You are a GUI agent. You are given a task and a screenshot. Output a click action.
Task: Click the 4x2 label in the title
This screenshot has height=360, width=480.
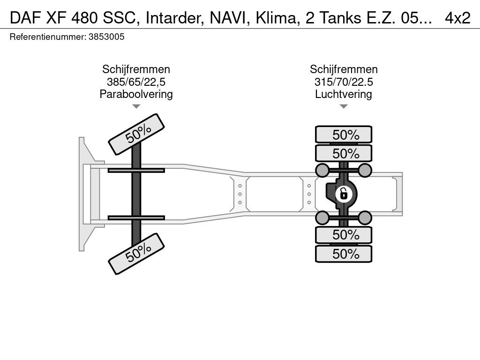[457, 18]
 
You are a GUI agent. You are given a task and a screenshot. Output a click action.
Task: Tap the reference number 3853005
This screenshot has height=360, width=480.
[106, 37]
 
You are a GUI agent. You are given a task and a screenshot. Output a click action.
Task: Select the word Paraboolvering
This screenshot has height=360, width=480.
[136, 94]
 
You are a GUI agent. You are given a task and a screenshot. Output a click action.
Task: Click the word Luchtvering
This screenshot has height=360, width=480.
[344, 94]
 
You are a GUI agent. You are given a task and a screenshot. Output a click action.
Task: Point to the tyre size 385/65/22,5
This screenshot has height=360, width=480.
[136, 82]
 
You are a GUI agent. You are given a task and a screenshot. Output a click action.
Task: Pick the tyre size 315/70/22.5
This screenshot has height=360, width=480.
[344, 82]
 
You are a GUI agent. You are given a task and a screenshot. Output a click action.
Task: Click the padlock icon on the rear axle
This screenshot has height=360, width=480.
[344, 194]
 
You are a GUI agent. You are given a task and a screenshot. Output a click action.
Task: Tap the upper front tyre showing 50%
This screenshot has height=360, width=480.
[136, 135]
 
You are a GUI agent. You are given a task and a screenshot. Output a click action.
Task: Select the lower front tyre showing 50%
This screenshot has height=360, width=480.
[136, 254]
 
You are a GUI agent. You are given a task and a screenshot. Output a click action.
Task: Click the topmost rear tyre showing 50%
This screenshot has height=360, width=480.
[344, 135]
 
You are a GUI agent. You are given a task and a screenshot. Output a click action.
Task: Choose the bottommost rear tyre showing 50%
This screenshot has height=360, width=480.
[344, 254]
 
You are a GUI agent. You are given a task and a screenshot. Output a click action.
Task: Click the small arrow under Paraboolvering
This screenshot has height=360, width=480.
[136, 106]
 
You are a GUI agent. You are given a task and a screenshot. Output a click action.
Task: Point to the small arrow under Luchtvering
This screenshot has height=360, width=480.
[344, 106]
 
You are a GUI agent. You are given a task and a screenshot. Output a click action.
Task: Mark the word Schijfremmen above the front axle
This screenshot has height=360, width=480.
[136, 69]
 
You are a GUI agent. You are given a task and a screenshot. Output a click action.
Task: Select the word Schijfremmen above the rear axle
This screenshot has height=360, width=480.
[344, 69]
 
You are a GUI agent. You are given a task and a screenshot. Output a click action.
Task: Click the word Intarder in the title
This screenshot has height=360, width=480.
[174, 18]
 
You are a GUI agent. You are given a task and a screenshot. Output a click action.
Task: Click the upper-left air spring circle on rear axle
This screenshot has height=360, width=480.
[322, 170]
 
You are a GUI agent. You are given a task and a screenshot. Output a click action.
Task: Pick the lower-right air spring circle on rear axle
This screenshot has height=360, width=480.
[365, 217]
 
